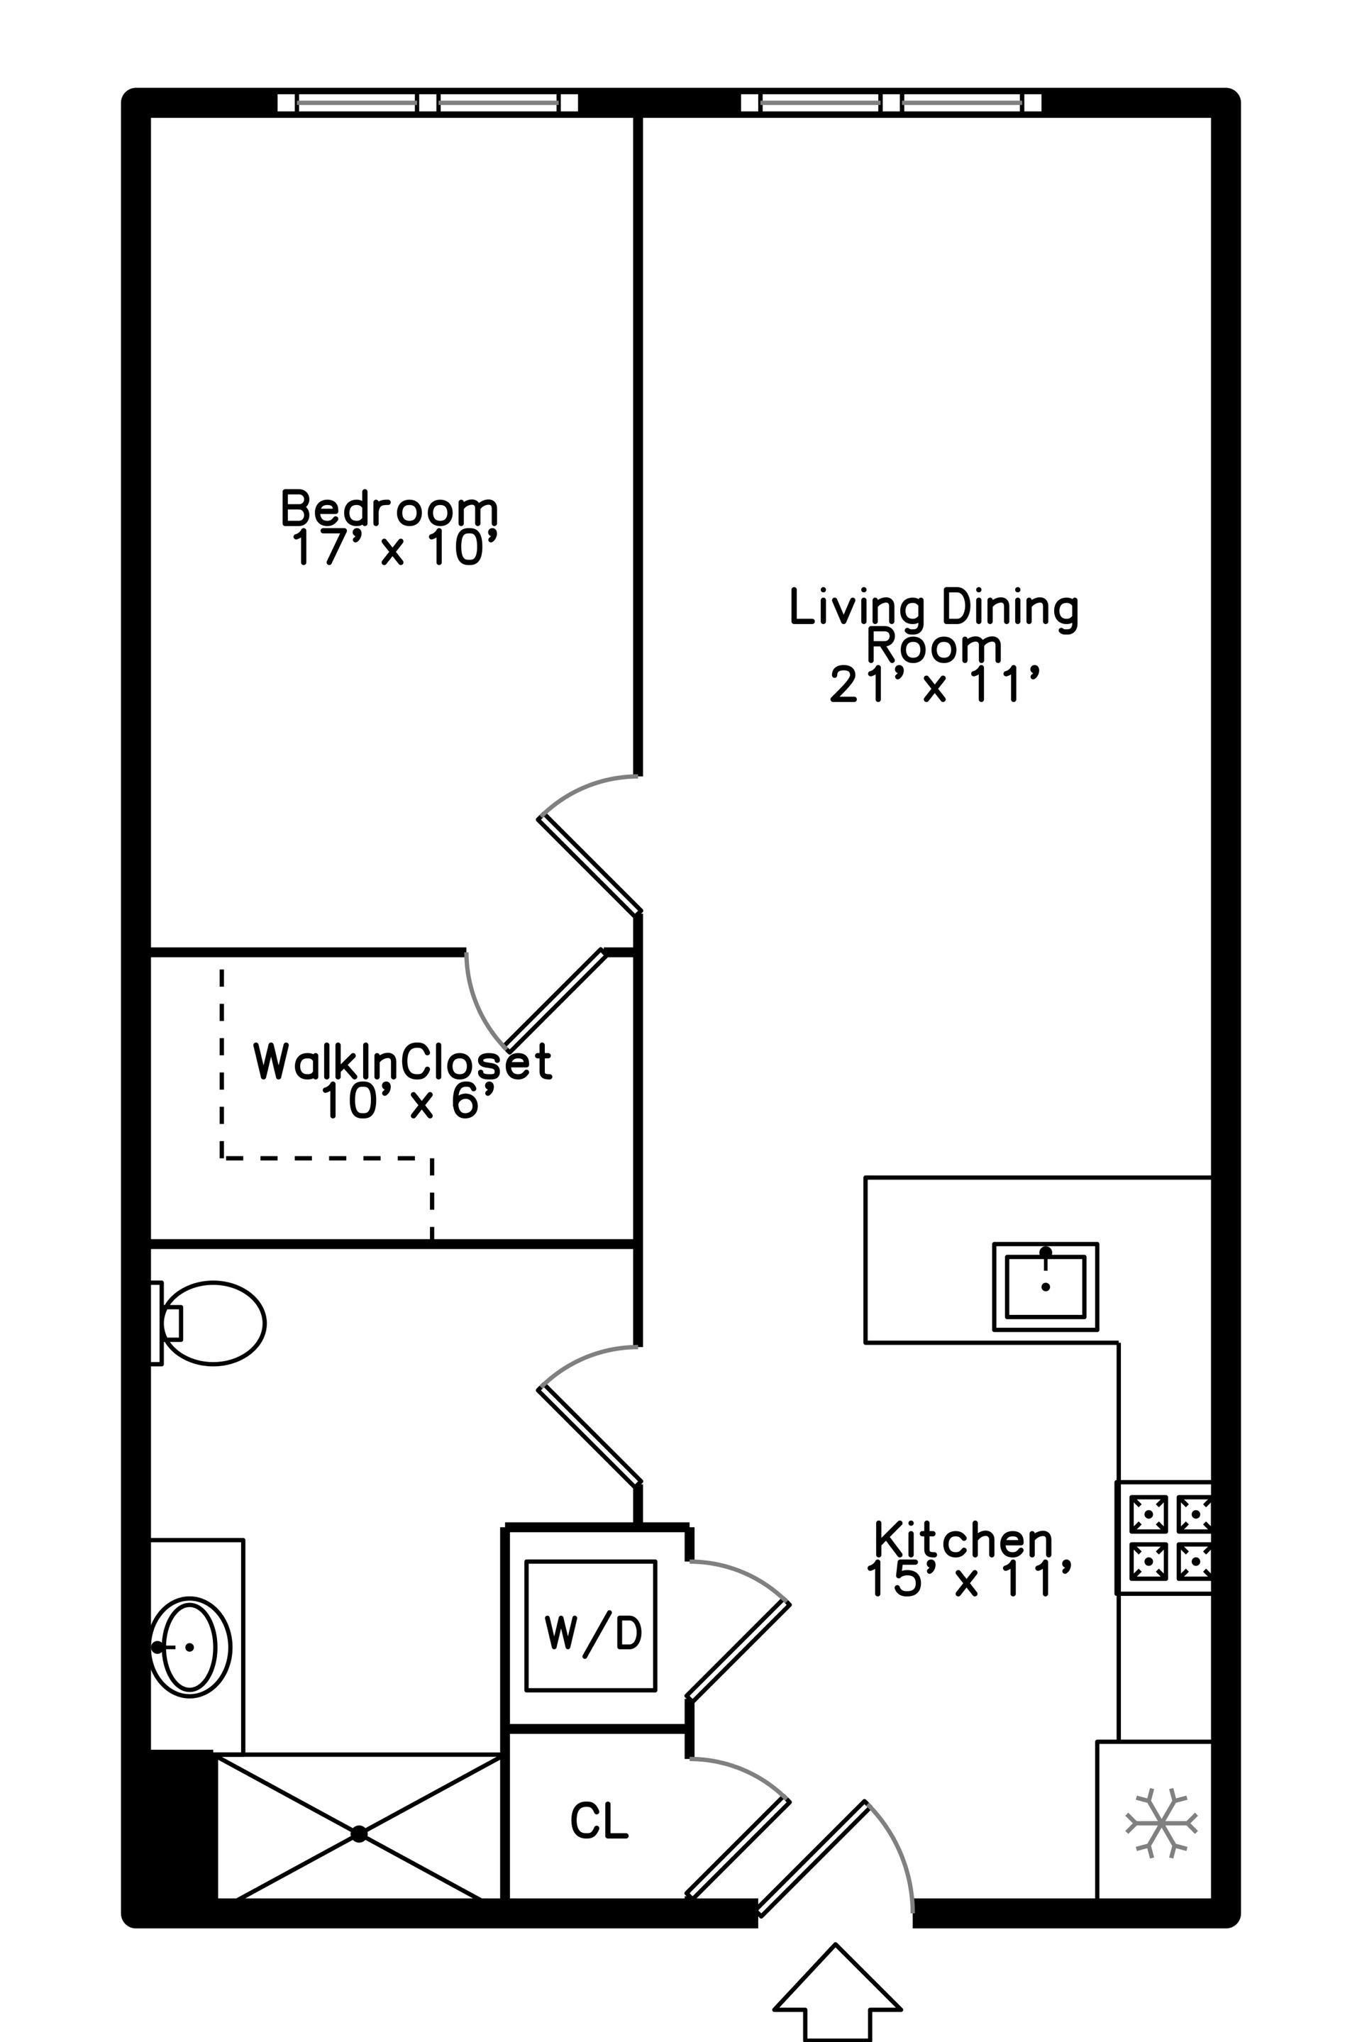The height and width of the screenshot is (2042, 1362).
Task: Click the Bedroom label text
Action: point(389,509)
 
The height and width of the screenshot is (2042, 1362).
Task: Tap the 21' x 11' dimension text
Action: point(935,684)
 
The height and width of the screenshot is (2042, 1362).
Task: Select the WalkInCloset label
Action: point(402,1061)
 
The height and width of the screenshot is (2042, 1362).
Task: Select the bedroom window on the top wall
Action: point(427,103)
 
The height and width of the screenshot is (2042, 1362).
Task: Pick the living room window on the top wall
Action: point(891,103)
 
